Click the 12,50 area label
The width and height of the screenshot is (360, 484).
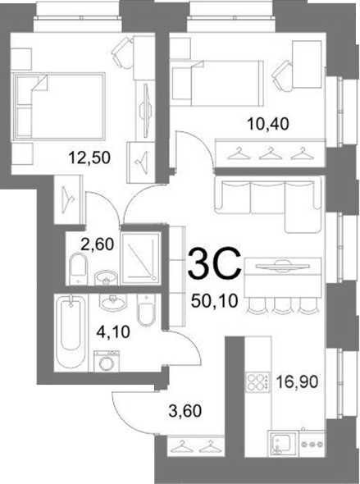(89, 158)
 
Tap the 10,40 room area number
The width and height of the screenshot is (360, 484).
(268, 124)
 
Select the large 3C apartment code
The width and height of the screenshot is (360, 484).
(215, 263)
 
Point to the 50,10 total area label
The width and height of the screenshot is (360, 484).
(214, 300)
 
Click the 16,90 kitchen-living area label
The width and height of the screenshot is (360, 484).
(297, 382)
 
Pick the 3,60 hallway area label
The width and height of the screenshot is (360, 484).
(185, 411)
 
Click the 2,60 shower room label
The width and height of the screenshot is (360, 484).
(97, 244)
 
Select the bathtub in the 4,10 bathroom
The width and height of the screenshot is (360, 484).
(71, 332)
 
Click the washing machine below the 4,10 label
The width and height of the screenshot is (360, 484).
(107, 361)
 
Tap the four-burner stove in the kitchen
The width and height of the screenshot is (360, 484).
(257, 382)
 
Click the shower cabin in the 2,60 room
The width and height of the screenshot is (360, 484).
(140, 258)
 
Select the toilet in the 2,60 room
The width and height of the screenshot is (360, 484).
(79, 268)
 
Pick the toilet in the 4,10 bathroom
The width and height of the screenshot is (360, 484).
(146, 310)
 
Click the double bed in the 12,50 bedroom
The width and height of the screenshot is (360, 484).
(58, 106)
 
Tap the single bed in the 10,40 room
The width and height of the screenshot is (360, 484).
(217, 84)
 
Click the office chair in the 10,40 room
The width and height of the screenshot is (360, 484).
(282, 76)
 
